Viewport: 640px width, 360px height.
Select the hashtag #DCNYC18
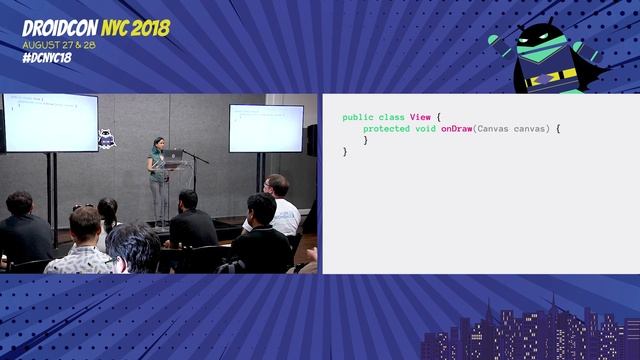[46, 57]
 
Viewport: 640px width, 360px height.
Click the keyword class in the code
[391, 118]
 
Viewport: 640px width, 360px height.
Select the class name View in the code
[420, 118]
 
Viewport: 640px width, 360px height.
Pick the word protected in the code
[384, 129]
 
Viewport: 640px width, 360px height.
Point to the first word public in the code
[357, 118]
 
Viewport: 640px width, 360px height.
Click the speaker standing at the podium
[157, 175]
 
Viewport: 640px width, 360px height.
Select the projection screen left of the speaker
[50, 122]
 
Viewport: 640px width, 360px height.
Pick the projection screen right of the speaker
[265, 127]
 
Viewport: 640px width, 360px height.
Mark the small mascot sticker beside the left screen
[105, 138]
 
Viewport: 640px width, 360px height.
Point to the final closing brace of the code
[345, 152]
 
